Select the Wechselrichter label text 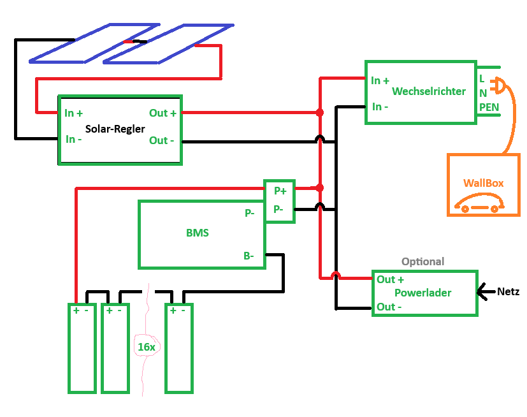(x=428, y=91)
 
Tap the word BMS (x=198, y=233)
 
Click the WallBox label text (x=483, y=183)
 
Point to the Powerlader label (x=422, y=293)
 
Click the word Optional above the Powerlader (x=422, y=261)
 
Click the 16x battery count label (x=146, y=347)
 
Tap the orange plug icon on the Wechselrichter (x=499, y=85)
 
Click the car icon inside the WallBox (x=479, y=205)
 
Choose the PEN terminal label (x=489, y=106)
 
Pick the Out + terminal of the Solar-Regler (x=162, y=113)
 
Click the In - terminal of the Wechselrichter (x=380, y=106)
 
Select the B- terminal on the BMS (x=249, y=256)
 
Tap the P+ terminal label (x=280, y=191)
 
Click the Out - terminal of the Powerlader (x=389, y=307)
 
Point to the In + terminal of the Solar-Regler (x=74, y=113)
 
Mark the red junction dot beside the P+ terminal (x=320, y=188)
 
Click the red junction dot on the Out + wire (x=320, y=113)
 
